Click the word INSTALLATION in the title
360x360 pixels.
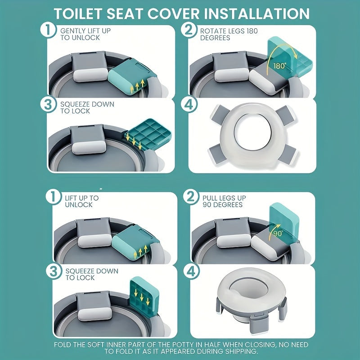click(256, 13)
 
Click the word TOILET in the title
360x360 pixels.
click(78, 13)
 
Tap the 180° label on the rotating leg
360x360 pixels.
click(279, 66)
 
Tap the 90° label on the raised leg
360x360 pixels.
click(278, 234)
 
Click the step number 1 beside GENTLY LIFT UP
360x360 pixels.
click(48, 30)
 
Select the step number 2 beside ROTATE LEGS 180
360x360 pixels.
click(189, 30)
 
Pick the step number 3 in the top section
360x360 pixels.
click(48, 104)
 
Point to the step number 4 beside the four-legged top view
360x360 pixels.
click(189, 104)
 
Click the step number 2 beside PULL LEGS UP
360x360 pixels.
click(191, 197)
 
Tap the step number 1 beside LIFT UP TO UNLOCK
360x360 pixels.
click(54, 197)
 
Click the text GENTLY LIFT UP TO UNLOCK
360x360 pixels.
click(85, 34)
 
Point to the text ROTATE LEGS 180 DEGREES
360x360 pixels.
click(229, 34)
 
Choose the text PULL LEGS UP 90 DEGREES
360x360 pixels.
click(224, 201)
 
